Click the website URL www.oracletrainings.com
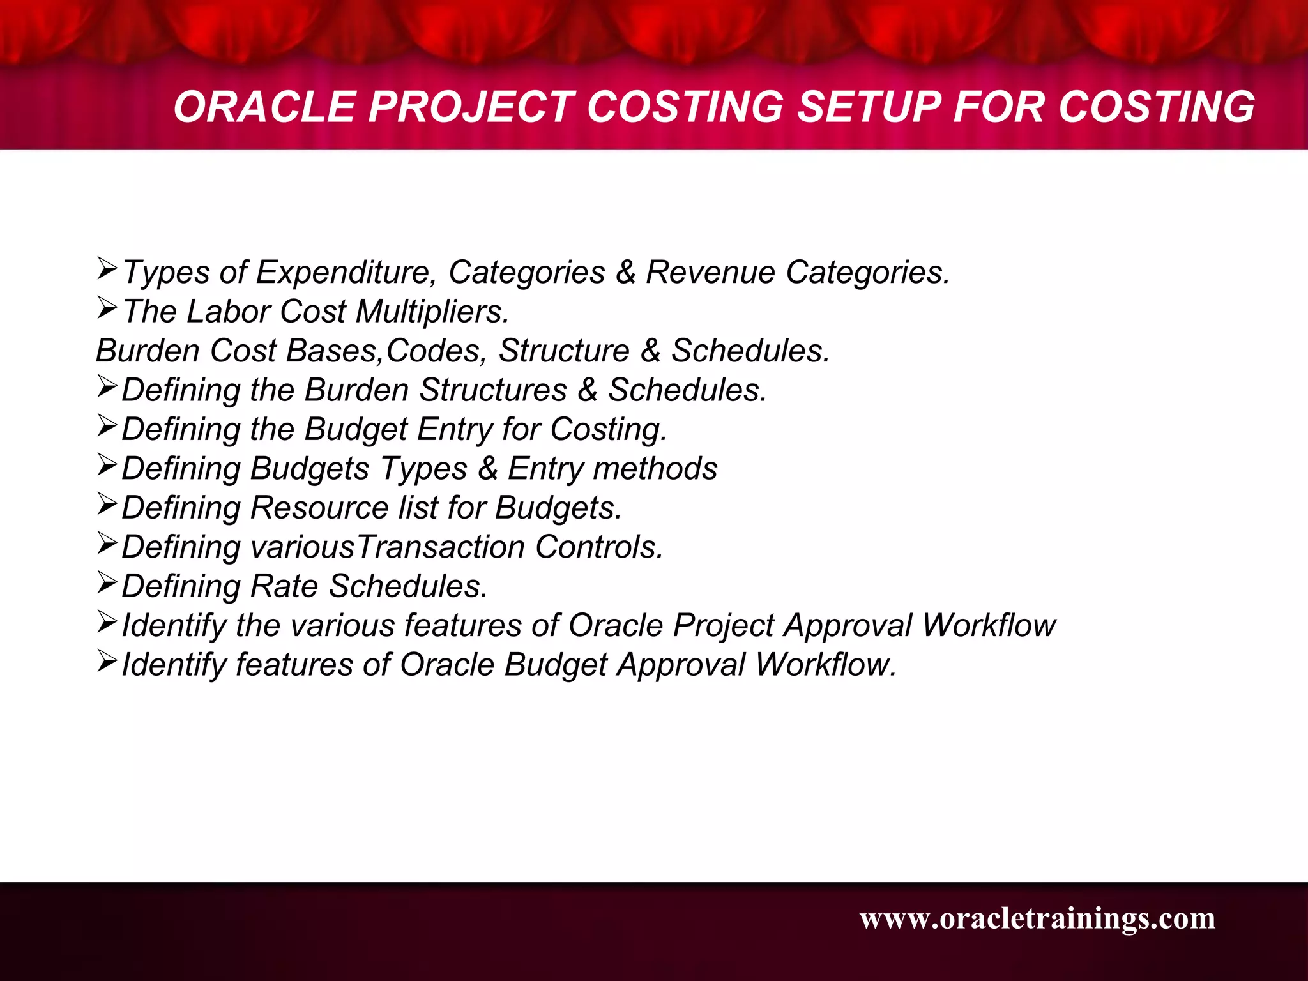tap(1037, 918)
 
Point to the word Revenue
tap(710, 273)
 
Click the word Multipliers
tap(432, 312)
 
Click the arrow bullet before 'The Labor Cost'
tap(107, 308)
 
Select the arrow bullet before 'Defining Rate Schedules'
tap(107, 583)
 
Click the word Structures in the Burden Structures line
tap(492, 390)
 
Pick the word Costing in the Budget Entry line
tap(608, 430)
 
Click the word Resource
tap(319, 508)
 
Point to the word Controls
tap(599, 547)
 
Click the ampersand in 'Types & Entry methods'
tap(488, 468)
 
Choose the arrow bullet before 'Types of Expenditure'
tap(107, 269)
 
